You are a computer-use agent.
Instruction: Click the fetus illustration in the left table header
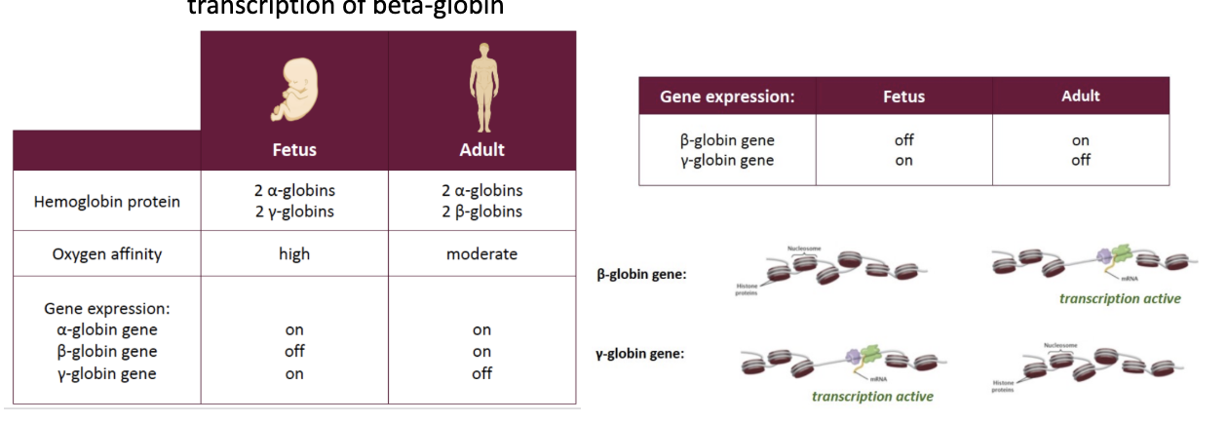tap(293, 88)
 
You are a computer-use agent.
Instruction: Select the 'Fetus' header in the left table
tap(293, 150)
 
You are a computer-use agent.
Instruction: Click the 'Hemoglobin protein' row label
tap(107, 202)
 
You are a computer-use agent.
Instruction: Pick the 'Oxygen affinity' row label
tap(107, 253)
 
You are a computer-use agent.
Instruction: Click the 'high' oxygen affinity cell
tap(293, 253)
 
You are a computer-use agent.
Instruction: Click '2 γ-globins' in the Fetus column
tap(293, 211)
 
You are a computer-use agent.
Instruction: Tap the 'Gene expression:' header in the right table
tap(727, 96)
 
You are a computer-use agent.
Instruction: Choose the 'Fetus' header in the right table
tap(903, 96)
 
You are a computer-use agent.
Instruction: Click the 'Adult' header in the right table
tap(1080, 96)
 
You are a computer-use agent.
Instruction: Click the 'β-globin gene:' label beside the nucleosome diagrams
tap(641, 274)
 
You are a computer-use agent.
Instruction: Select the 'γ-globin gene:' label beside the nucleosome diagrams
tap(640, 353)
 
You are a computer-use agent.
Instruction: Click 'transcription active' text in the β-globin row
tap(1120, 298)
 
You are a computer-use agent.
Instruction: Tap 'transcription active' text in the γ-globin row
tap(872, 396)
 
